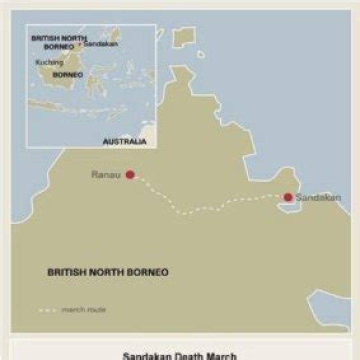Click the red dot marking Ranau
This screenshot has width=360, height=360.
click(x=130, y=174)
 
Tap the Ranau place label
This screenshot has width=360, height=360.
click(x=106, y=175)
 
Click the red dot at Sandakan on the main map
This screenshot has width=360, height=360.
click(x=288, y=197)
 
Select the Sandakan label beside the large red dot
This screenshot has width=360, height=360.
click(x=318, y=197)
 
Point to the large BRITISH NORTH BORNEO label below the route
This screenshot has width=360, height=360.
click(x=107, y=272)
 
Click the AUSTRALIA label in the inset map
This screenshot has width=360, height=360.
click(x=124, y=142)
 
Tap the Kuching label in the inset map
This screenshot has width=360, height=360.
click(x=49, y=62)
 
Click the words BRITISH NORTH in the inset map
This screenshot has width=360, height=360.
click(x=58, y=38)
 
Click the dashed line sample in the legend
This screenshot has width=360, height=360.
click(x=48, y=310)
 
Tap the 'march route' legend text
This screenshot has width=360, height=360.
click(x=83, y=310)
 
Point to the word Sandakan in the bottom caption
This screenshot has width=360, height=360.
click(x=145, y=356)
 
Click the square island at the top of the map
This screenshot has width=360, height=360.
click(x=184, y=35)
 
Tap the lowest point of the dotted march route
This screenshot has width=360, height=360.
click(x=185, y=213)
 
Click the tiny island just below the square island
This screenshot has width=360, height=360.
click(x=200, y=54)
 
